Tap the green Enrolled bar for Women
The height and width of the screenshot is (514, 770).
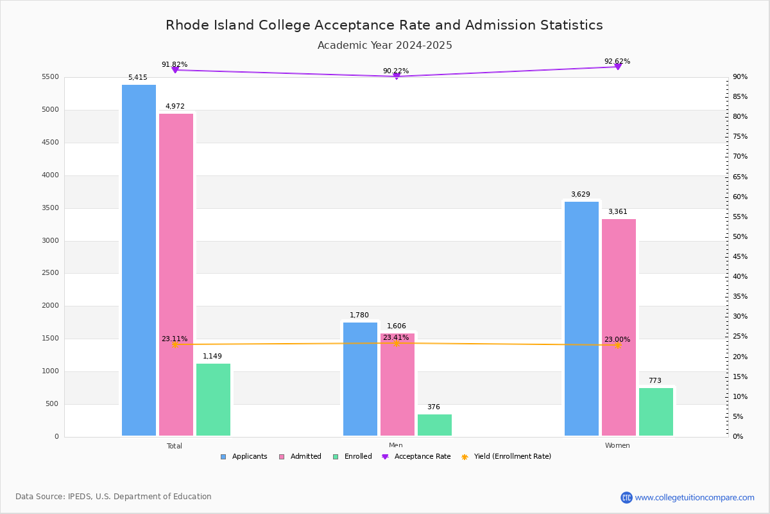656,412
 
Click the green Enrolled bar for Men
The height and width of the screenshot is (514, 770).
434,425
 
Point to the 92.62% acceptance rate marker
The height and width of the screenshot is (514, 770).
617,67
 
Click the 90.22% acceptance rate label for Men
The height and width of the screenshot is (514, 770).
396,71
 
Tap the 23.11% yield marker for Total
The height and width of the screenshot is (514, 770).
175,345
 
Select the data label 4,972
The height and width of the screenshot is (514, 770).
175,106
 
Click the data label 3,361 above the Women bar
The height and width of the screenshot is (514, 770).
617,211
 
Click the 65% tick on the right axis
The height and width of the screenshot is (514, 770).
740,177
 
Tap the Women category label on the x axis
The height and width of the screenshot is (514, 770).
617,445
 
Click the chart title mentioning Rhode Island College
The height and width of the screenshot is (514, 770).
384,25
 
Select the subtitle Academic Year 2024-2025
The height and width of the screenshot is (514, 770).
384,46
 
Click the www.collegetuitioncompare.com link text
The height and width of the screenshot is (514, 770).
694,497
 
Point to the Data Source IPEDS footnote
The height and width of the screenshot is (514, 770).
114,497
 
